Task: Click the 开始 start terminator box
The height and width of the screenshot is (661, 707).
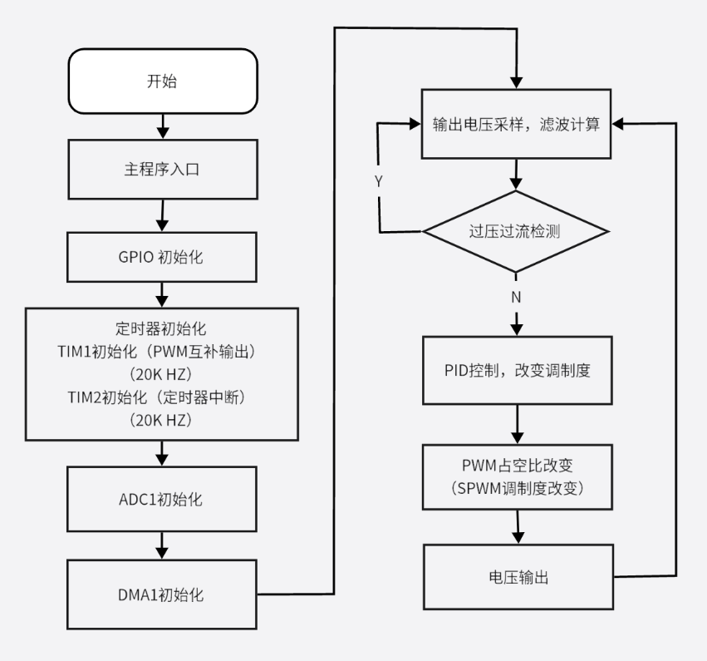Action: point(162,81)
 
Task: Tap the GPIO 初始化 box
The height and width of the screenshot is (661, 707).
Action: point(162,256)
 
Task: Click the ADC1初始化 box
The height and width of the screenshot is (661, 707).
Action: point(162,501)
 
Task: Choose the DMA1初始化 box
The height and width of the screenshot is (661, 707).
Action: point(162,594)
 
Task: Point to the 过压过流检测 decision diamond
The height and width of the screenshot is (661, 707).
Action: point(517,230)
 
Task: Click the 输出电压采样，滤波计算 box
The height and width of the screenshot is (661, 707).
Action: point(517,125)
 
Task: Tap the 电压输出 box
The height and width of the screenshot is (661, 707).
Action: point(517,577)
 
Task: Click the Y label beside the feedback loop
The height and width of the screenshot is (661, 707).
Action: point(379,180)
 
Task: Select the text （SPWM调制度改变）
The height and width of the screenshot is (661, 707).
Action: point(517,489)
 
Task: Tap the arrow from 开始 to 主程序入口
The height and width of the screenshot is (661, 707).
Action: point(163,126)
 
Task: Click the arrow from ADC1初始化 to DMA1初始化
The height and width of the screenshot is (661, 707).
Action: point(163,545)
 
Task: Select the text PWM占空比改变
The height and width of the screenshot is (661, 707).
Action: point(517,466)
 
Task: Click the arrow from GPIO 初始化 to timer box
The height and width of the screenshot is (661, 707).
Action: point(163,294)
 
